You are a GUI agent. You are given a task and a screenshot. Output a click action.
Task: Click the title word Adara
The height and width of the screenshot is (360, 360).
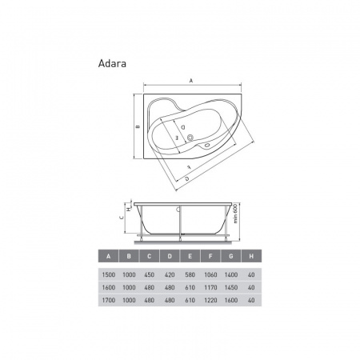tap(112, 64)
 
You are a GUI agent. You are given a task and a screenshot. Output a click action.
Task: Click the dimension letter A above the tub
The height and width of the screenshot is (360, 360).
tap(191, 81)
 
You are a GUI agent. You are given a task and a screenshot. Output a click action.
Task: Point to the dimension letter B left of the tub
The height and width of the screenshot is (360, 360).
tap(138, 126)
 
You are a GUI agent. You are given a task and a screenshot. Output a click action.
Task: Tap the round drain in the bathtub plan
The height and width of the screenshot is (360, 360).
tap(190, 138)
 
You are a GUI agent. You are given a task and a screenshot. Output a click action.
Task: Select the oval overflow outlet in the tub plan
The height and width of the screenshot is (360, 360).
tap(207, 146)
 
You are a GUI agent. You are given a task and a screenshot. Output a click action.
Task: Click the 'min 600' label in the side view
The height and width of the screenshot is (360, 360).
tap(235, 214)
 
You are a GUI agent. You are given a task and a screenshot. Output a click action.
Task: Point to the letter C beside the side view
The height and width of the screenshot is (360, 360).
tap(122, 218)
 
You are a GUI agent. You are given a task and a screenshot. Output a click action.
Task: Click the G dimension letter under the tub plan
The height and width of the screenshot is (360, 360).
tap(187, 178)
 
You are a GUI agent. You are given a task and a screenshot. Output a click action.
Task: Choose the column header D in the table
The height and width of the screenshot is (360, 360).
tap(170, 256)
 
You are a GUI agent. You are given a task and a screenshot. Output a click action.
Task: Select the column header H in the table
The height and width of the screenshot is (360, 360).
tap(251, 256)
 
